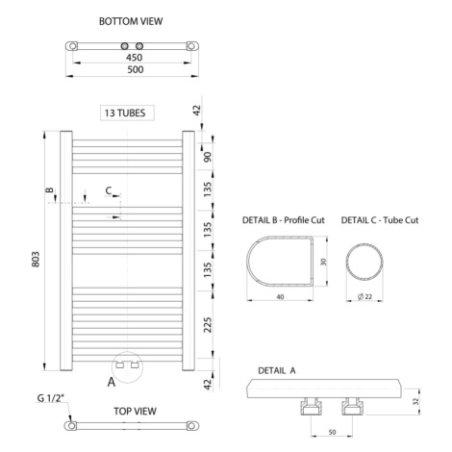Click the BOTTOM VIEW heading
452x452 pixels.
(x=131, y=21)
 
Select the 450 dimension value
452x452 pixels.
(x=134, y=58)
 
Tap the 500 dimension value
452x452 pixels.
(x=136, y=69)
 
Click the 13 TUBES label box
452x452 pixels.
(x=127, y=113)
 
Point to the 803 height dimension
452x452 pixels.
(x=36, y=259)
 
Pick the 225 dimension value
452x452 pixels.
(x=208, y=325)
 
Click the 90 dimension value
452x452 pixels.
(x=208, y=157)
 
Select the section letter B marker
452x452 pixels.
(x=50, y=190)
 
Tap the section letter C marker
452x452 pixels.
(x=109, y=190)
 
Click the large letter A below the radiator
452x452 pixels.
(x=112, y=382)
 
